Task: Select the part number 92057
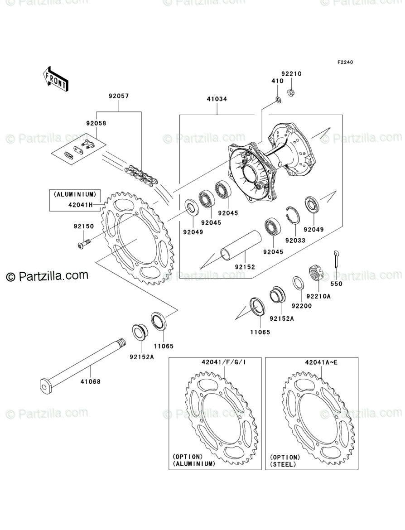tap(118, 96)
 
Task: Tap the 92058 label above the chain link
tap(97, 122)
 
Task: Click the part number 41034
tap(217, 99)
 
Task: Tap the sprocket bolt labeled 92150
tap(83, 243)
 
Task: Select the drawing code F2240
tap(344, 63)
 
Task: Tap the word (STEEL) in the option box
tap(283, 464)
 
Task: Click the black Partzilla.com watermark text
tap(47, 275)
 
